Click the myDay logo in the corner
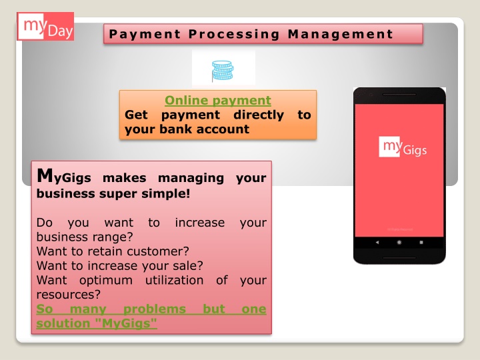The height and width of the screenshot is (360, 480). (45, 26)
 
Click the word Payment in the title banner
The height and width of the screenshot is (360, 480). (145, 34)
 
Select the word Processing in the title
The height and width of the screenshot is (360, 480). (234, 34)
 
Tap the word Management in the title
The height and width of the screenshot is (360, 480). (341, 34)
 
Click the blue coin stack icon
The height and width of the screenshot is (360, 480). (223, 71)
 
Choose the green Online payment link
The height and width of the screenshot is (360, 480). (217, 101)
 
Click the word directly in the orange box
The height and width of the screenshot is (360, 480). (259, 115)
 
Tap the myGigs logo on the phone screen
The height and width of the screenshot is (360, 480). (403, 147)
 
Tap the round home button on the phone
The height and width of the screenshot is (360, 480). (399, 242)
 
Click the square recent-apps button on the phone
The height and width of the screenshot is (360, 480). (421, 242)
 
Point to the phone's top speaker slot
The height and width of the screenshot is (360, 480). (399, 95)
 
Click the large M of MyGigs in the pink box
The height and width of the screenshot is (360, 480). (45, 176)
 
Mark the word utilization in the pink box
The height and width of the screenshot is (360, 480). (174, 280)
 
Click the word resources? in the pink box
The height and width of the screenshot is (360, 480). (68, 295)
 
